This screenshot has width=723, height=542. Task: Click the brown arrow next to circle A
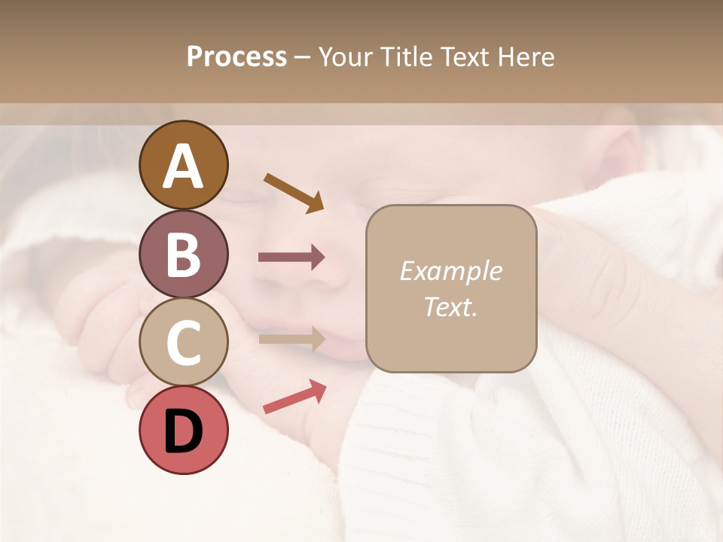[x=294, y=192]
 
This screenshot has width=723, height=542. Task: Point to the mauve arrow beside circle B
[x=291, y=257]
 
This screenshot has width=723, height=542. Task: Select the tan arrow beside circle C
[x=291, y=339]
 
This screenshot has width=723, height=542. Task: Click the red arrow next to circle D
[x=294, y=397]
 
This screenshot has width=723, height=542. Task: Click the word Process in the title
[x=236, y=56]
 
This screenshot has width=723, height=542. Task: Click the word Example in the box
[x=450, y=271]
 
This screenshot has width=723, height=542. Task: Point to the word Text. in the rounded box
[x=450, y=306]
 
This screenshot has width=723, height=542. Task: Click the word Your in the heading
[x=346, y=56]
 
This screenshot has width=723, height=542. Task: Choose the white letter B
[x=183, y=254]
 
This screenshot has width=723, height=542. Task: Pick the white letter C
[x=183, y=343]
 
